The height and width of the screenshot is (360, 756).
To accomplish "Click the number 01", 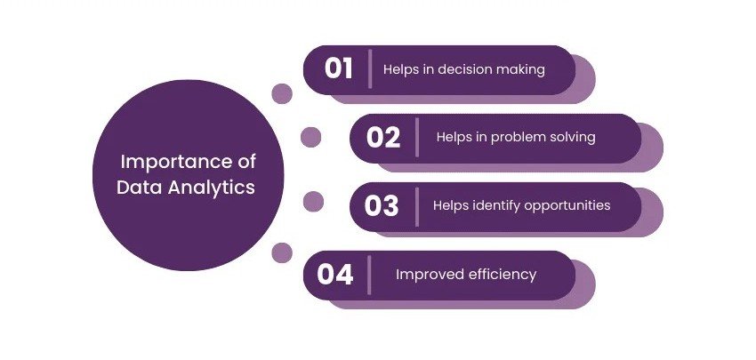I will click(x=339, y=69).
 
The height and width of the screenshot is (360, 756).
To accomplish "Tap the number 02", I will click(x=383, y=138).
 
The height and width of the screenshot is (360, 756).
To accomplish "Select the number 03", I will click(x=382, y=206).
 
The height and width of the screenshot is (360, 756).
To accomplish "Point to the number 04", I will click(x=335, y=275).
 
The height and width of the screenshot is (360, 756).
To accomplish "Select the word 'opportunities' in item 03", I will click(x=566, y=205).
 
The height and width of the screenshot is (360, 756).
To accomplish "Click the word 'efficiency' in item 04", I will click(x=502, y=275).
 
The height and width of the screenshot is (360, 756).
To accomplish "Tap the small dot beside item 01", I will click(x=282, y=93).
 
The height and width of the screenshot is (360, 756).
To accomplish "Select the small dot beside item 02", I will click(x=310, y=137).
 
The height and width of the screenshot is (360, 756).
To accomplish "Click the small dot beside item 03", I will click(x=313, y=202).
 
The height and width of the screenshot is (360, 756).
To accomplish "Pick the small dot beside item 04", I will click(x=282, y=252).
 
